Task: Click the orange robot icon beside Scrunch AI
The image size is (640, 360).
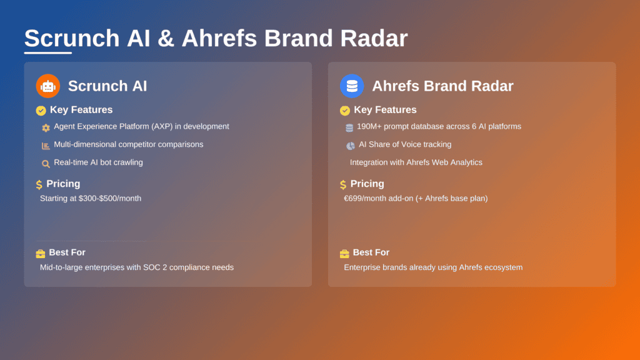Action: point(48,86)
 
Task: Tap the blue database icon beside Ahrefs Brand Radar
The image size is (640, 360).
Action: point(352,86)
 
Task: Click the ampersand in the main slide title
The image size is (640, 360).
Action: point(166,39)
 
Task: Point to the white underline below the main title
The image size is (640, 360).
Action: point(47,52)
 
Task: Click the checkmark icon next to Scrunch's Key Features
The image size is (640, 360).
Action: point(41,111)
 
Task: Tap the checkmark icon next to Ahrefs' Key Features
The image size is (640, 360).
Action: point(345,111)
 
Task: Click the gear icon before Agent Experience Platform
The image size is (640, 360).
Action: point(46,127)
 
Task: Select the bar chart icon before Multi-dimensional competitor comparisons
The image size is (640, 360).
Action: point(46,146)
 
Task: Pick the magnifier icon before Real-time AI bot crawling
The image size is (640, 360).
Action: point(46,164)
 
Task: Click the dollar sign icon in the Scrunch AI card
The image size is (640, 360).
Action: point(39,184)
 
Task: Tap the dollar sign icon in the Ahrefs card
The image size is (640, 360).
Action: point(343,184)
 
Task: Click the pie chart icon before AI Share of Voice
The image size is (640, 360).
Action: point(350,146)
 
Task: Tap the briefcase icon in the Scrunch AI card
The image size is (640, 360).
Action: point(41,253)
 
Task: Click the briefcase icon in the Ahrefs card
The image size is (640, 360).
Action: point(344,253)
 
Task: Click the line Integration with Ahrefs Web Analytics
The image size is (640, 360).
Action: point(416,162)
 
